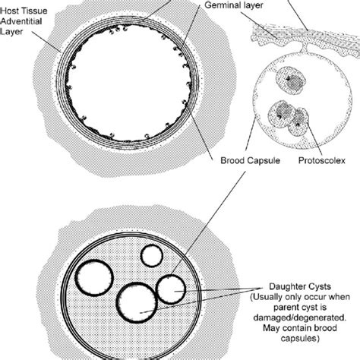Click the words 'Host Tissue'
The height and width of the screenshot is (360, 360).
click(27, 5)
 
